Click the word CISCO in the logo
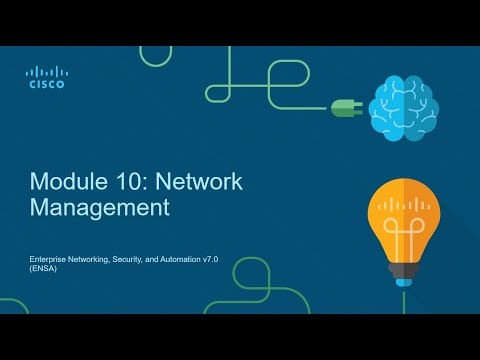[x=46, y=85]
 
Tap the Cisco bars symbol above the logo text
[x=46, y=72]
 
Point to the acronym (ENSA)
[x=43, y=270]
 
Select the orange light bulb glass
[x=403, y=205]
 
